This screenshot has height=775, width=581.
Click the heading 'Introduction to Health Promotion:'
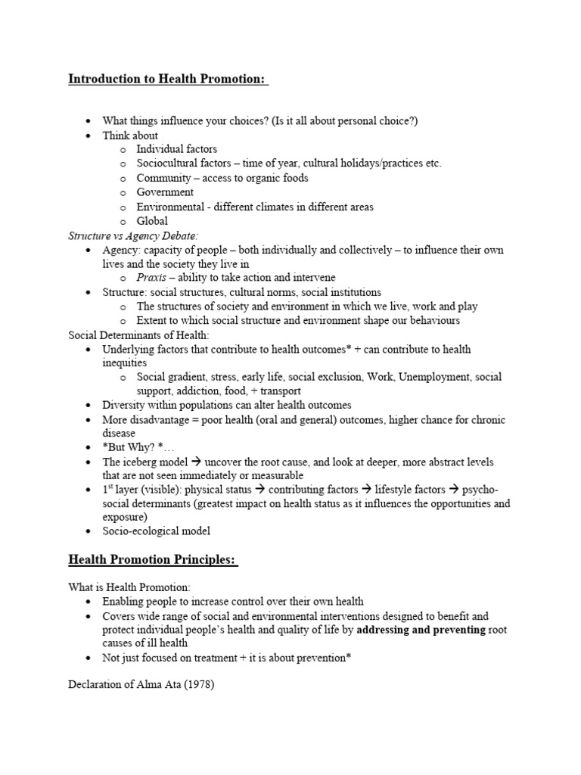pyautogui.click(x=168, y=79)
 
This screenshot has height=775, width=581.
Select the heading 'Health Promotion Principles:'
pyautogui.click(x=153, y=560)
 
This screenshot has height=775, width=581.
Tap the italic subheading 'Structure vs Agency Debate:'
pyautogui.click(x=134, y=235)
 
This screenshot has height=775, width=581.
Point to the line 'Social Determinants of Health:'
pyautogui.click(x=138, y=335)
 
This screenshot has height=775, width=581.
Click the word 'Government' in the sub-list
pyautogui.click(x=165, y=192)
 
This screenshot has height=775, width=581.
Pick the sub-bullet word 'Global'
pyautogui.click(x=152, y=221)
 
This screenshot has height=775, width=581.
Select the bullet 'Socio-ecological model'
pyautogui.click(x=157, y=531)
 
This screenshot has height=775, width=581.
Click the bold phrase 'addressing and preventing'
pyautogui.click(x=420, y=630)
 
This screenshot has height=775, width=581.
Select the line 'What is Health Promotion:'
pyautogui.click(x=130, y=587)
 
